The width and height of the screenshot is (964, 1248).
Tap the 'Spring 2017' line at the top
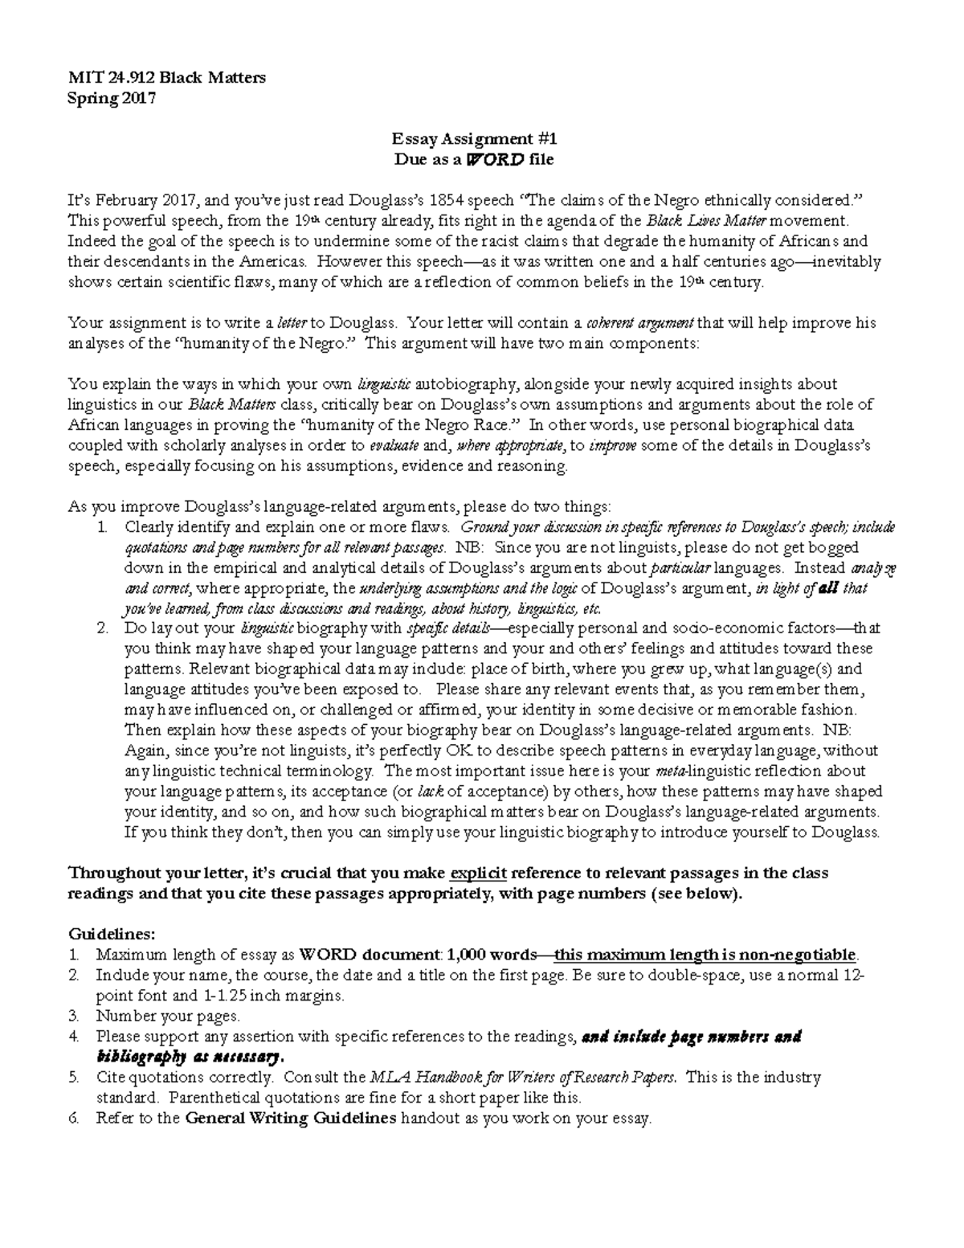(x=112, y=98)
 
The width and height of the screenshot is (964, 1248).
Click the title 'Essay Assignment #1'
(x=473, y=139)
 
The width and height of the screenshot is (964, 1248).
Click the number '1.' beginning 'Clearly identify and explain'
(x=102, y=527)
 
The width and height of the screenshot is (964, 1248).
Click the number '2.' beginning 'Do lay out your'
(x=102, y=628)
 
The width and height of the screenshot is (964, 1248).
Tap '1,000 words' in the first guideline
(x=492, y=955)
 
